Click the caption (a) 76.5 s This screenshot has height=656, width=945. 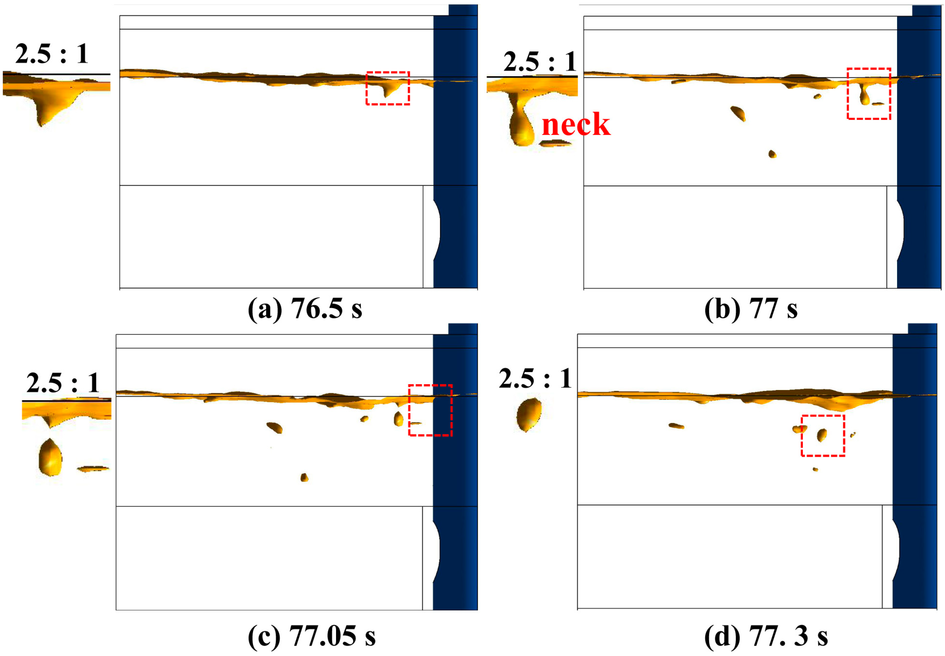coord(305,308)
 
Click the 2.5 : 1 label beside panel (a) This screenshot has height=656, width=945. coord(52,54)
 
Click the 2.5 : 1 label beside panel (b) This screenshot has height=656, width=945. coord(540,62)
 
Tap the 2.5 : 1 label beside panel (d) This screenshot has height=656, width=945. coord(535,378)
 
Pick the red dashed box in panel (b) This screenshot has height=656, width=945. coord(869,94)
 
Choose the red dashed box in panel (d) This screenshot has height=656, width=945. coord(822,435)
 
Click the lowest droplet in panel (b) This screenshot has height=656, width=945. coord(772,154)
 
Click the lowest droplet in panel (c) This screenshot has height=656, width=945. coord(304,477)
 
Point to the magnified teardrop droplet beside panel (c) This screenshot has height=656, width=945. coord(50,457)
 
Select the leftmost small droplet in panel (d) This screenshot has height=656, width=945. coord(676,426)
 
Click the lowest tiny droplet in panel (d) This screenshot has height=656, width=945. coord(815,469)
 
